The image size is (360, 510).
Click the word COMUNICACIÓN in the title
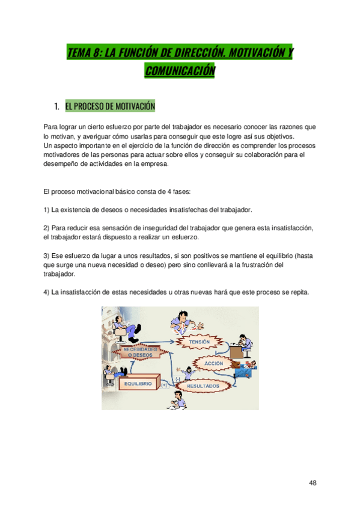180,72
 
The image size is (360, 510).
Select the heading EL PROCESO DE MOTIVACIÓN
110,106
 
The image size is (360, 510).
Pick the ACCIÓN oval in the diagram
213,364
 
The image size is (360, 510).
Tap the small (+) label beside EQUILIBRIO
164,386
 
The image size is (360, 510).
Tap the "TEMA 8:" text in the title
85,54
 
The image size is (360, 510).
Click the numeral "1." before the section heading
57,106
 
